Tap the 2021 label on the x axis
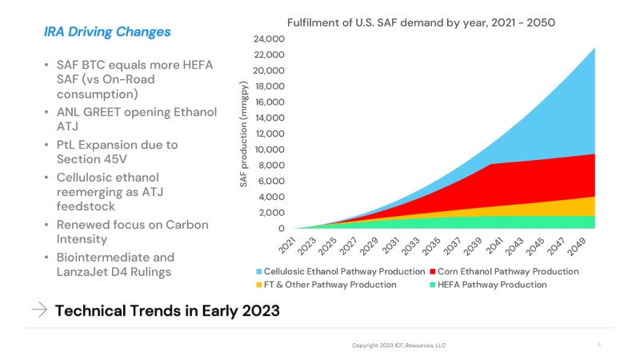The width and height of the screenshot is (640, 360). click(x=287, y=246)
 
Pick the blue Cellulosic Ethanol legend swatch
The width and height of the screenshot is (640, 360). click(x=258, y=272)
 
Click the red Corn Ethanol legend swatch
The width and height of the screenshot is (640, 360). click(x=433, y=272)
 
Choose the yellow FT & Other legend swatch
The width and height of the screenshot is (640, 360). click(x=258, y=285)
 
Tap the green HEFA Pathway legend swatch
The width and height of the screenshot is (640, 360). click(x=433, y=285)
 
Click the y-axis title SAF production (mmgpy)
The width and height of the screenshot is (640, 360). click(x=245, y=134)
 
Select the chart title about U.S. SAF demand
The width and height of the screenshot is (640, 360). click(x=421, y=22)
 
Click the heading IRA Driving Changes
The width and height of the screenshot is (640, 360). click(x=106, y=32)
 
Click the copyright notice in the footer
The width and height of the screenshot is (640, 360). click(x=398, y=346)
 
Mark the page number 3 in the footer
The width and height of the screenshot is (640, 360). click(x=598, y=345)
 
